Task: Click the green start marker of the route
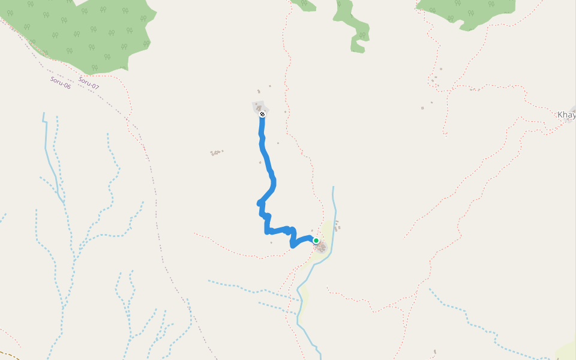tap(316, 241)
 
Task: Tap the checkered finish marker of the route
tap(262, 114)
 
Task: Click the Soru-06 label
tap(60, 83)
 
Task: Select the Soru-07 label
tap(88, 83)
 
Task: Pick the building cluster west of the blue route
tap(217, 153)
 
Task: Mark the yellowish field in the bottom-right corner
tap(567, 351)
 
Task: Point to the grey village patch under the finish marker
tap(259, 107)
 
